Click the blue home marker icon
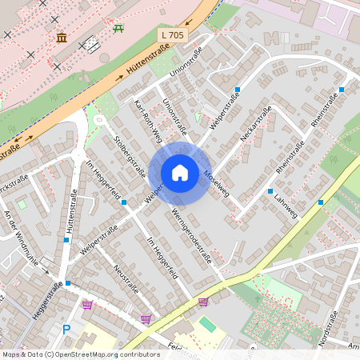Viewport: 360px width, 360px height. pos(180,173)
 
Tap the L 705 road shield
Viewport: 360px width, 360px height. pos(173,35)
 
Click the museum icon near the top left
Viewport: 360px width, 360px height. pos(62,38)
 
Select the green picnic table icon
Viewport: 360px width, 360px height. pos(119,29)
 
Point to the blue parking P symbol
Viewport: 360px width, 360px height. pos(66,329)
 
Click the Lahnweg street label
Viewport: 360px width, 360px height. pos(285,205)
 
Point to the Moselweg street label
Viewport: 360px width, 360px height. pos(216,183)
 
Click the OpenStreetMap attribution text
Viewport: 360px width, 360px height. pos(80,354)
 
